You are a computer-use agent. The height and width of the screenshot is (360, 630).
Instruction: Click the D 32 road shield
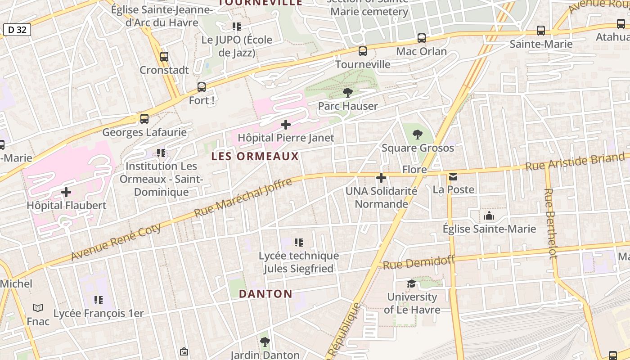tap(17, 30)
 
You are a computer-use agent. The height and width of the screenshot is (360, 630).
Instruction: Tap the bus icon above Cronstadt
tap(164, 57)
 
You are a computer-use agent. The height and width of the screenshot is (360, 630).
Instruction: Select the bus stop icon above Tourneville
tap(363, 51)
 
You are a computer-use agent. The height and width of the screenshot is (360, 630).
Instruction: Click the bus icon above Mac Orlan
tap(422, 38)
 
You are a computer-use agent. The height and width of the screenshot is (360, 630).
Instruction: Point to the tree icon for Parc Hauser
tap(347, 93)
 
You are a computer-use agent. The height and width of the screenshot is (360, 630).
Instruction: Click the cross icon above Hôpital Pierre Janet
tap(286, 124)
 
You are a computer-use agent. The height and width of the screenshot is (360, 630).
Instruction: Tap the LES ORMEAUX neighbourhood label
tap(255, 156)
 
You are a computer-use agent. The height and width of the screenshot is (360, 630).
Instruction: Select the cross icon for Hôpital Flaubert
tap(66, 192)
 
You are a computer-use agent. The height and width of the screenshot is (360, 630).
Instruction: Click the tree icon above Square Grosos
tap(418, 134)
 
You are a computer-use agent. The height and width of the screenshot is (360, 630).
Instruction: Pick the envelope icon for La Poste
tap(453, 176)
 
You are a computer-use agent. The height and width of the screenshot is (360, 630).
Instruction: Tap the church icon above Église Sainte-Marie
tap(489, 216)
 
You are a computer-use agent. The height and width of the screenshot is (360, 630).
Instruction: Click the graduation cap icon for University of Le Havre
tap(412, 283)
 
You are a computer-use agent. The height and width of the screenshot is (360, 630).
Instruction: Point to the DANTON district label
tap(265, 294)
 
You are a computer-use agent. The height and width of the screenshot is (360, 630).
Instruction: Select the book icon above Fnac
tap(38, 308)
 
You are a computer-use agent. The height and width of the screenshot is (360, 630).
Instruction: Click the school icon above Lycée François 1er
tap(99, 300)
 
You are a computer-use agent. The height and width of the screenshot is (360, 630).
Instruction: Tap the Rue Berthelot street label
tap(550, 223)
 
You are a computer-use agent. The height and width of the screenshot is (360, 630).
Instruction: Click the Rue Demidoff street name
tap(419, 262)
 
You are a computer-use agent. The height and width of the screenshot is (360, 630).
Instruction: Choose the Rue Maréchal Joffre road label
tap(243, 197)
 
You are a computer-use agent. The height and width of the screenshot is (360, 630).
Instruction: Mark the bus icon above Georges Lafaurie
tap(144, 119)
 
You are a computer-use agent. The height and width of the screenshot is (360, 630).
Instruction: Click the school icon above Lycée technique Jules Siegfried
tap(299, 243)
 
